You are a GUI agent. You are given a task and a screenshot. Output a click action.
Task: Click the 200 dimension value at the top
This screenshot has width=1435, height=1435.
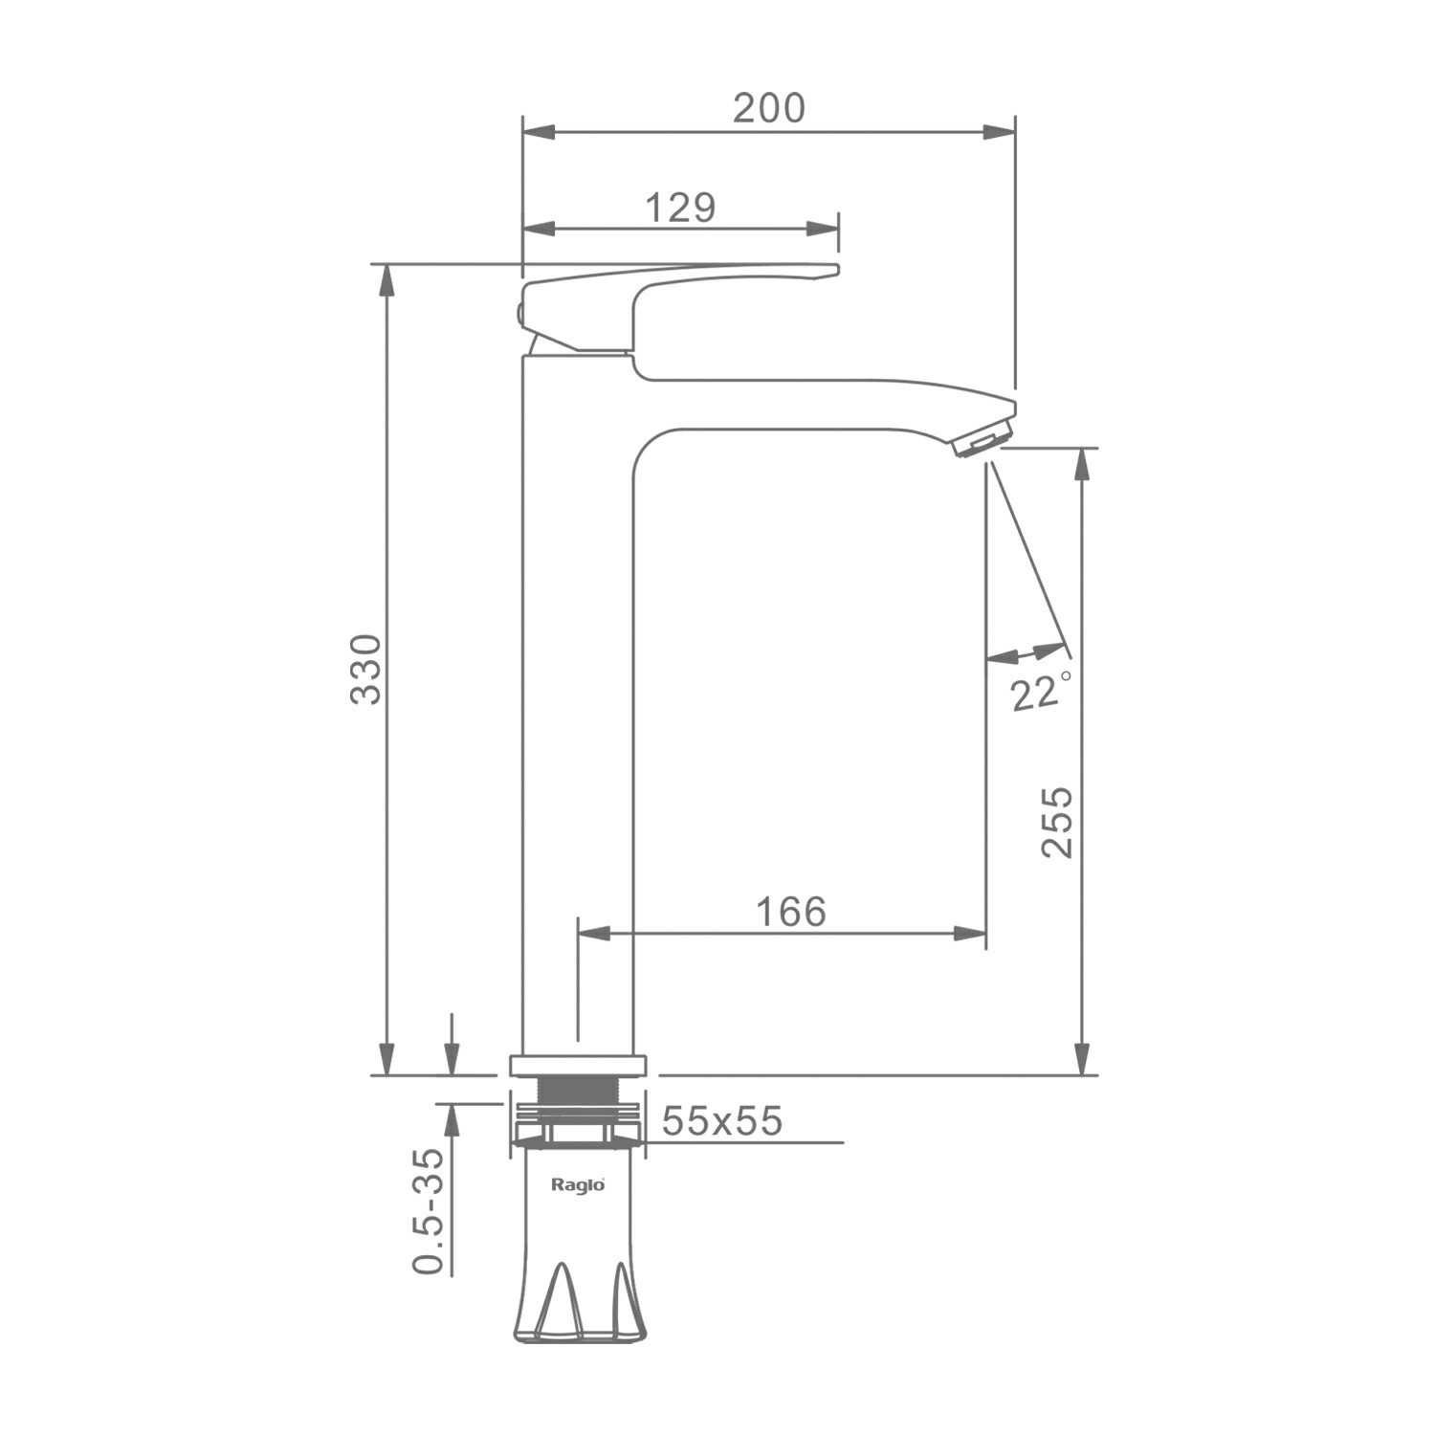(769, 109)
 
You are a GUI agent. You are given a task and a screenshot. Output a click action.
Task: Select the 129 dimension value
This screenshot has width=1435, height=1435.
(680, 207)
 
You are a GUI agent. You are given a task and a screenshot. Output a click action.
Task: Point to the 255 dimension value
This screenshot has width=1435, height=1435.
(1058, 823)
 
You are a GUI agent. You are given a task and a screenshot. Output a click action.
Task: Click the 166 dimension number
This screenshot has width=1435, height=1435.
(791, 912)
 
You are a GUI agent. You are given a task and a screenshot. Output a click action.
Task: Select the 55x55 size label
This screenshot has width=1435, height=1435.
(722, 1120)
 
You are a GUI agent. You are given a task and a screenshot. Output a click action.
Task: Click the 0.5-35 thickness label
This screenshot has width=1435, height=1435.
(430, 1211)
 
